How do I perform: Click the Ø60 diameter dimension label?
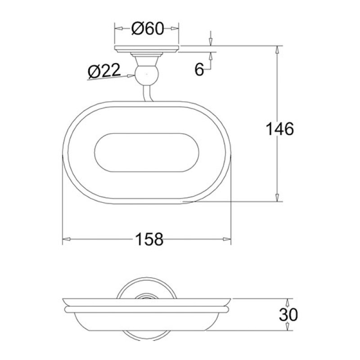point(148,29)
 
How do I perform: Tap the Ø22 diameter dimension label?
point(104,70)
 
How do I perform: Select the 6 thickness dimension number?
point(199,69)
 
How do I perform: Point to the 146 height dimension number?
point(279,129)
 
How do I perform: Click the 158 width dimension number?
point(149,239)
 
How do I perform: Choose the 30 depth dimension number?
point(288,315)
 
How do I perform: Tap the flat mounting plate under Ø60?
point(147,49)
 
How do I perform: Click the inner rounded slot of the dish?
point(147,153)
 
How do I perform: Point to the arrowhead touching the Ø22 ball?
point(131,75)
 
